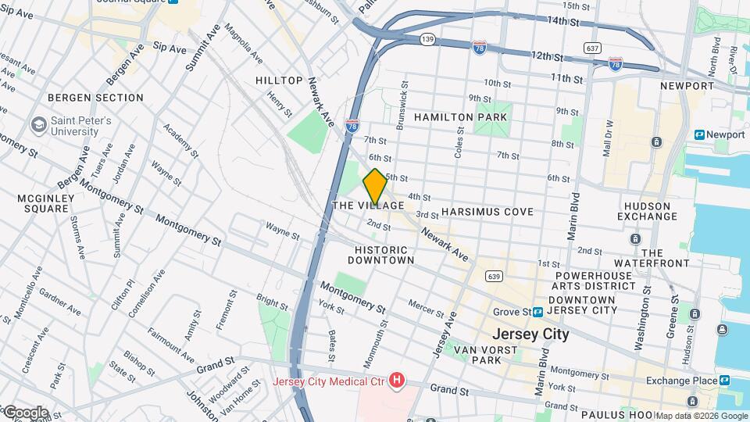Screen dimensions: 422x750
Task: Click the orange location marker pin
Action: (375, 187)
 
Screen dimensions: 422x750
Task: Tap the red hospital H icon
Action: (398, 381)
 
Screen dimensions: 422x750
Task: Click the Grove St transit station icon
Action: (538, 312)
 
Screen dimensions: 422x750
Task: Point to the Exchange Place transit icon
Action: (725, 381)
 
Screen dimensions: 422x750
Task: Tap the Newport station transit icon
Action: (699, 135)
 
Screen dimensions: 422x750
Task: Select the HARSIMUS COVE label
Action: (487, 212)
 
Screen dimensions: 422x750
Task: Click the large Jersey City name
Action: (534, 334)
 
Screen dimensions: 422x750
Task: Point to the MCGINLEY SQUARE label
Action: (45, 203)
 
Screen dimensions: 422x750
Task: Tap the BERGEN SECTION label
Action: (95, 98)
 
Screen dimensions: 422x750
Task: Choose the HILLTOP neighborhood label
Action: (279, 80)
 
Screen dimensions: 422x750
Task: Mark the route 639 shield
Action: (492, 276)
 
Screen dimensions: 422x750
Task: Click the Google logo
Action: (25, 412)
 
